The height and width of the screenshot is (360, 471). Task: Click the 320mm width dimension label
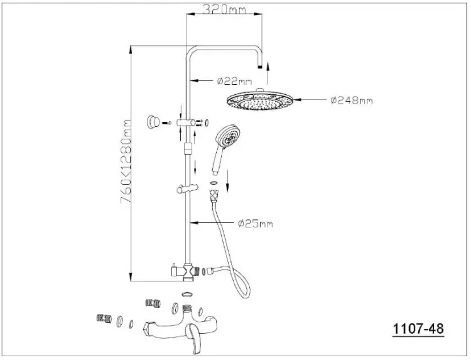click(x=224, y=9)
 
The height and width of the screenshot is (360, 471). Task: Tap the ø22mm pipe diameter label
click(x=234, y=81)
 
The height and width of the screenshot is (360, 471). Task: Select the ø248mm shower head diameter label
click(x=352, y=100)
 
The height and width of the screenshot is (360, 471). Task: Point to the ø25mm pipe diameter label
click(x=256, y=224)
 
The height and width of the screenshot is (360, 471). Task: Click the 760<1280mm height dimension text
click(x=126, y=161)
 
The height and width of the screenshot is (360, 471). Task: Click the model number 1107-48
click(x=418, y=329)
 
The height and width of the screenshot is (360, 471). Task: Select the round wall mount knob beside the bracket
click(x=153, y=122)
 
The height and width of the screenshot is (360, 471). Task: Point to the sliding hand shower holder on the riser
click(x=187, y=188)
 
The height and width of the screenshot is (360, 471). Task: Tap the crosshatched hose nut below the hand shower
click(x=214, y=195)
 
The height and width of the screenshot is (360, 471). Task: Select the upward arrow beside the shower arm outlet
click(x=268, y=73)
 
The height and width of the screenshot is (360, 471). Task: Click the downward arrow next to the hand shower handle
click(x=227, y=180)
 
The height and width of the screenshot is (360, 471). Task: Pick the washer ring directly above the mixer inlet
click(x=187, y=294)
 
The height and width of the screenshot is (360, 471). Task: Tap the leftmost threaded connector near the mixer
click(x=104, y=319)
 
